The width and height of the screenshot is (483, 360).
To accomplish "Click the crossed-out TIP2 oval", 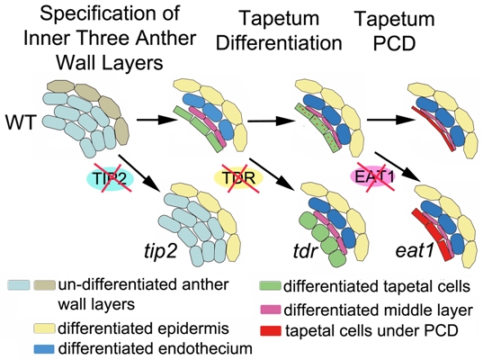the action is (110, 178).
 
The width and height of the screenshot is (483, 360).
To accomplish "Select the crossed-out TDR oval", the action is (238, 178).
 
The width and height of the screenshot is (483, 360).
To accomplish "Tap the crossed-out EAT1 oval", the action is (373, 176).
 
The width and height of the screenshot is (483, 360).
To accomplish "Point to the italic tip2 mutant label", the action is (160, 252).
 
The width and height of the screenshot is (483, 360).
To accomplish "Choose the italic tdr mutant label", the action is (304, 251).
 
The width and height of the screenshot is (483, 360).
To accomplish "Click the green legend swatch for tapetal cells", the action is (270, 286).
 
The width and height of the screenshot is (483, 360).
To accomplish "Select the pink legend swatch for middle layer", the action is (271, 310).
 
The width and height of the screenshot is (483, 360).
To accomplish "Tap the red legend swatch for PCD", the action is (271, 330).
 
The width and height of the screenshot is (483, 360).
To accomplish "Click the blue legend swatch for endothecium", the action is (44, 348).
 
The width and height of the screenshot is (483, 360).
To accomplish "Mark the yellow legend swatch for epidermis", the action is (44, 328).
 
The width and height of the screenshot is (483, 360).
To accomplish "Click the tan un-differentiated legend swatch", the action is (44, 285).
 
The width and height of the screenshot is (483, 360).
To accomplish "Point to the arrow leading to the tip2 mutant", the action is (140, 173).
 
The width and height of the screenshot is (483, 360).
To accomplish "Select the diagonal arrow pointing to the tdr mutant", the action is (271, 173).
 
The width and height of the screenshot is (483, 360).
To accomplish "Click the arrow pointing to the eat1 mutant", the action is (398, 166).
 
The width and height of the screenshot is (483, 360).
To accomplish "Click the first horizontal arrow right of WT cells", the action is (157, 121).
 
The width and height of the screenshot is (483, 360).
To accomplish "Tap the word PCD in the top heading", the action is (394, 43).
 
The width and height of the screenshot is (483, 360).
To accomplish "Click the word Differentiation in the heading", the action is (279, 43).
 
